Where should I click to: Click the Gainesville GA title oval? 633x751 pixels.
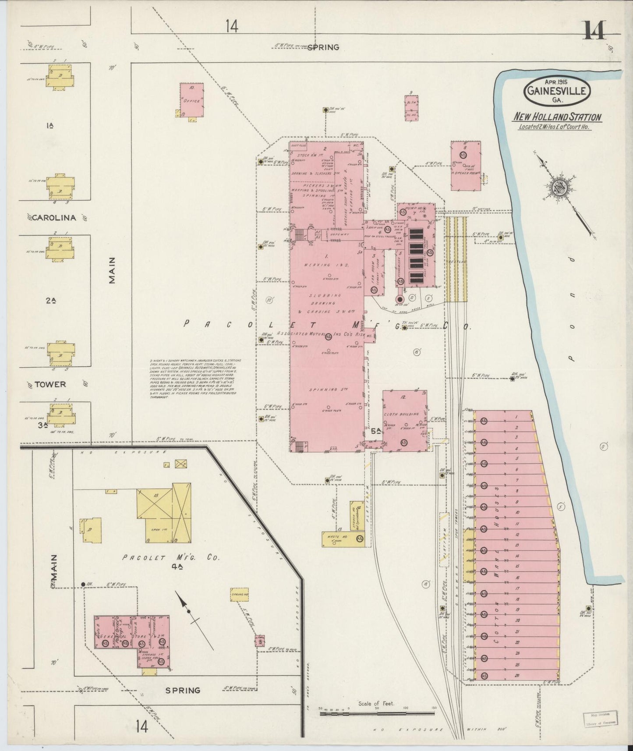pyautogui.click(x=557, y=92)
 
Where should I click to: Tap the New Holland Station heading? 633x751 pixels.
pyautogui.click(x=557, y=117)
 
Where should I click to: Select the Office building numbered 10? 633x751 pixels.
pyautogui.click(x=192, y=100)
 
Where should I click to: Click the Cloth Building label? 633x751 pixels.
pyautogui.click(x=401, y=414)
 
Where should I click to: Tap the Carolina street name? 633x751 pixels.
pyautogui.click(x=54, y=218)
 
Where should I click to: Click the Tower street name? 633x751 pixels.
pyautogui.click(x=50, y=384)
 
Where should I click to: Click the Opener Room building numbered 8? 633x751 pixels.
pyautogui.click(x=466, y=165)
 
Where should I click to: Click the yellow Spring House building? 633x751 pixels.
pyautogui.click(x=240, y=595)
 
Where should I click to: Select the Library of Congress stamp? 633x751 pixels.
pyautogui.click(x=600, y=719)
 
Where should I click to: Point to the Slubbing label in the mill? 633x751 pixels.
pyautogui.click(x=324, y=295)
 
